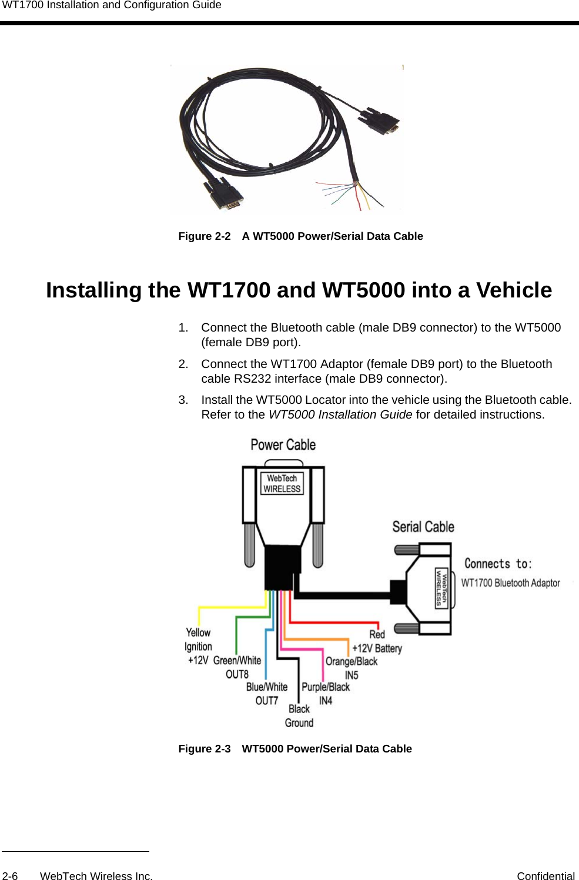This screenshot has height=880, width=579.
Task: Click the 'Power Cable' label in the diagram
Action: (x=283, y=445)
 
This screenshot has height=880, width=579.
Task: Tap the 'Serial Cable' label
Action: (x=423, y=527)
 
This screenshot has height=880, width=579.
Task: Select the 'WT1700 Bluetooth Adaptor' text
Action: (x=510, y=583)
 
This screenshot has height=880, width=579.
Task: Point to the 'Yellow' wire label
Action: (x=198, y=633)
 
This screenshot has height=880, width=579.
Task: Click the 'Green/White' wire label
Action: (x=237, y=661)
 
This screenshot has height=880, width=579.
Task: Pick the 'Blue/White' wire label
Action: (x=267, y=687)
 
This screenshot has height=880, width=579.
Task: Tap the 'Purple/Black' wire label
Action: (x=326, y=687)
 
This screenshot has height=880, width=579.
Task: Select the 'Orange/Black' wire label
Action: (x=352, y=662)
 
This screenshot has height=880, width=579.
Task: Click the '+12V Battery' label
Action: (x=377, y=648)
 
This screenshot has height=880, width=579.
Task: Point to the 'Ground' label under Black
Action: (x=299, y=723)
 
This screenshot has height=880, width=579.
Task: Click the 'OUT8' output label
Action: (x=237, y=674)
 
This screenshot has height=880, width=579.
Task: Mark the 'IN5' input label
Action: (x=352, y=675)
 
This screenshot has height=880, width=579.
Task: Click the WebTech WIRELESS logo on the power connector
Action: (x=282, y=484)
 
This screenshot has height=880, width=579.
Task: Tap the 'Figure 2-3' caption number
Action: (x=205, y=749)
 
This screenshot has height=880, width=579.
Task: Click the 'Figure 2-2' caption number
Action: (x=205, y=236)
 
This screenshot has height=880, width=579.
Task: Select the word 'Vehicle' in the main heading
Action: (x=514, y=290)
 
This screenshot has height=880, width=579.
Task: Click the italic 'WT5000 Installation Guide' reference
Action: (x=340, y=415)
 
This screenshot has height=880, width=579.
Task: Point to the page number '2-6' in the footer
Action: (x=10, y=876)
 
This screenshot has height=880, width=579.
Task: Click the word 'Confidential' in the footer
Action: (x=545, y=876)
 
